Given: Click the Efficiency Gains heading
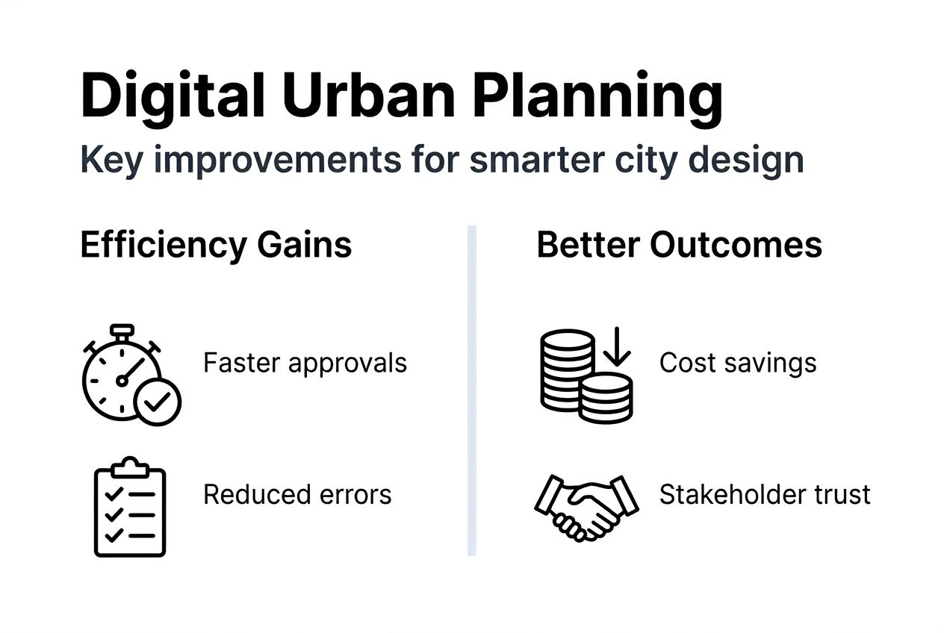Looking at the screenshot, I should [x=216, y=245].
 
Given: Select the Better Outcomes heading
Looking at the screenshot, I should [x=679, y=245].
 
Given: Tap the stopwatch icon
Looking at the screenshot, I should [x=124, y=373].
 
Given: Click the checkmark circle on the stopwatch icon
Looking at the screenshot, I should [x=157, y=402].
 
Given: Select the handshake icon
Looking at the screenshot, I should [x=586, y=506].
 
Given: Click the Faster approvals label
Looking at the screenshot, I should [x=305, y=363].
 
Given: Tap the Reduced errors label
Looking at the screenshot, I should [x=297, y=494].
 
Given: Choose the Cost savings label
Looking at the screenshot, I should [x=737, y=363].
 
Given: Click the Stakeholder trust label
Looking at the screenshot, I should [x=765, y=494].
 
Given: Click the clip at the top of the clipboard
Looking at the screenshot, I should [x=130, y=467].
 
